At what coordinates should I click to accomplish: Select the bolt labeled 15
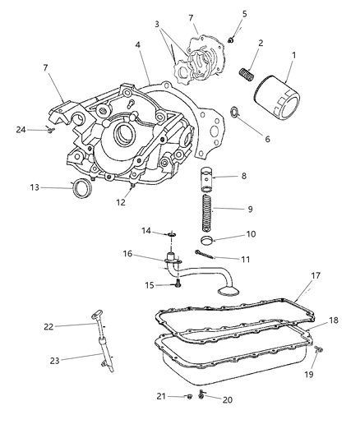(x=178, y=285)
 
